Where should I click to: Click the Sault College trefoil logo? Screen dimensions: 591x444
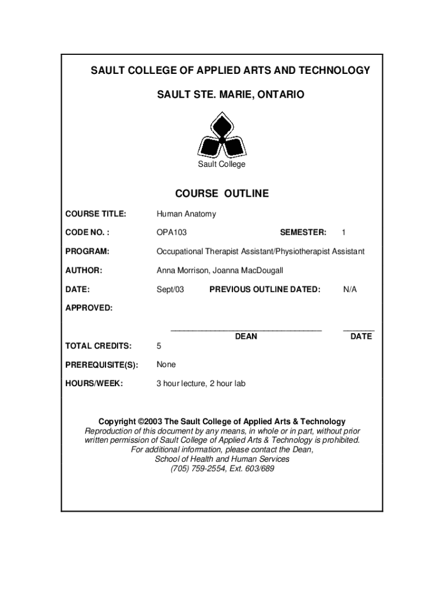click(221, 135)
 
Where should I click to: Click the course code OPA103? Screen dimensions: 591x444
click(172, 233)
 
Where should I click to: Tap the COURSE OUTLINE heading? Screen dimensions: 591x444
click(222, 193)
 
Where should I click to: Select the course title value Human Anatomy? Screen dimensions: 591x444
click(186, 214)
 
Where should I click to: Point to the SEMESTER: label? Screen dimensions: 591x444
click(303, 233)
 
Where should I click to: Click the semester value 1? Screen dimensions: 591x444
click(344, 233)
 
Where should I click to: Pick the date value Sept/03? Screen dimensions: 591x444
click(170, 289)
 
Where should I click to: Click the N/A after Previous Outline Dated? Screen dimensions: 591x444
click(350, 289)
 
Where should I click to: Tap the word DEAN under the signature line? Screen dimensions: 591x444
click(246, 336)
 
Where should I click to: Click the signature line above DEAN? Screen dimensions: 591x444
click(246, 330)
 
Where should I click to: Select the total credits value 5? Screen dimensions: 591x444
click(159, 346)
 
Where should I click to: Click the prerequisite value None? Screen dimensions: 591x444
click(166, 365)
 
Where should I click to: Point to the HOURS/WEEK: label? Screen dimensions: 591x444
click(94, 383)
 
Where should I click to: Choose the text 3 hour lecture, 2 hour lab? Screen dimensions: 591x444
click(201, 383)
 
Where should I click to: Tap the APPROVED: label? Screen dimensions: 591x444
click(89, 308)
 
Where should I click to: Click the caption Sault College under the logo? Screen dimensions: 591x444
click(222, 164)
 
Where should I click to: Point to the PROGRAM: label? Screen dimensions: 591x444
click(88, 252)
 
